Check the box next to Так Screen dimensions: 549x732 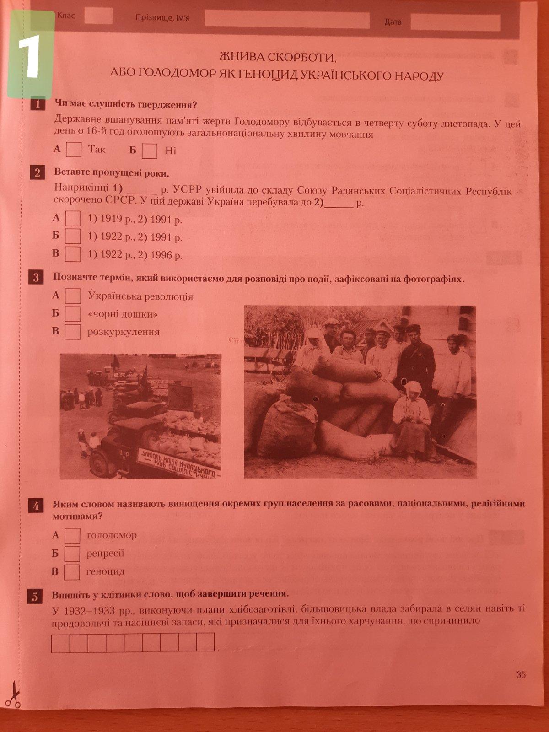pyautogui.click(x=74, y=150)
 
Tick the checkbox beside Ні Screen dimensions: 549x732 pyautogui.click(x=149, y=151)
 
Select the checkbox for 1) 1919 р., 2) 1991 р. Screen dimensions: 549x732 pyautogui.click(x=73, y=218)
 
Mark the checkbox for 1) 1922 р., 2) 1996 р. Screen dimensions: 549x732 pyautogui.click(x=73, y=254)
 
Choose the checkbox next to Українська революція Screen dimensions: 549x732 pyautogui.click(x=73, y=296)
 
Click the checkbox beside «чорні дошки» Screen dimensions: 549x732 pyautogui.click(x=73, y=313)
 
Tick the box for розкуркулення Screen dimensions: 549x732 pyautogui.click(x=73, y=332)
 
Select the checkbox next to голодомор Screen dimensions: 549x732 pyautogui.click(x=72, y=536)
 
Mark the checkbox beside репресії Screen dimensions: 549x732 pyautogui.click(x=72, y=554)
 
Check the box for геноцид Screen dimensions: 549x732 pyautogui.click(x=72, y=572)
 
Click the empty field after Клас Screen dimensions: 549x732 pyautogui.click(x=98, y=16)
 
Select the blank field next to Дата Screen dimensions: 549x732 pyautogui.click(x=455, y=22)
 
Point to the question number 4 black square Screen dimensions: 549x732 pyautogui.click(x=36, y=506)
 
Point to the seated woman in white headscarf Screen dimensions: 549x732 pyautogui.click(x=412, y=420)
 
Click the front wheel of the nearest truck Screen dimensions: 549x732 pyautogui.click(x=99, y=463)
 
